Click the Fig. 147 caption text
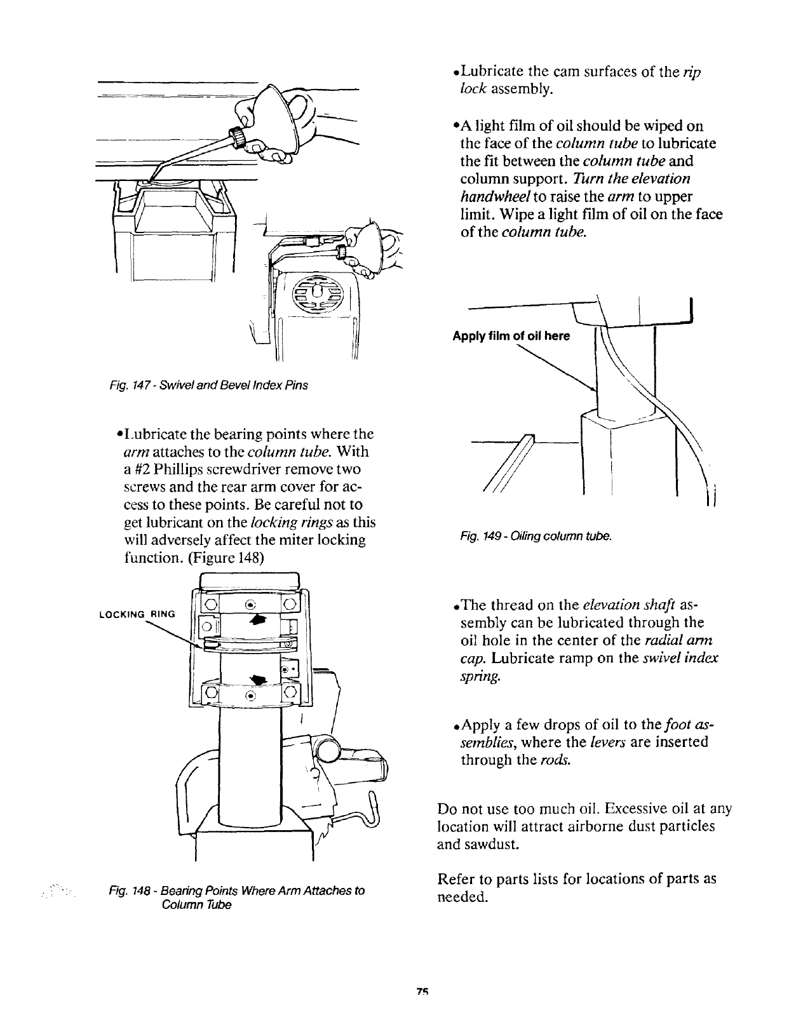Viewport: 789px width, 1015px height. point(209,386)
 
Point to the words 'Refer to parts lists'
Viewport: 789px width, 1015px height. point(502,879)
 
